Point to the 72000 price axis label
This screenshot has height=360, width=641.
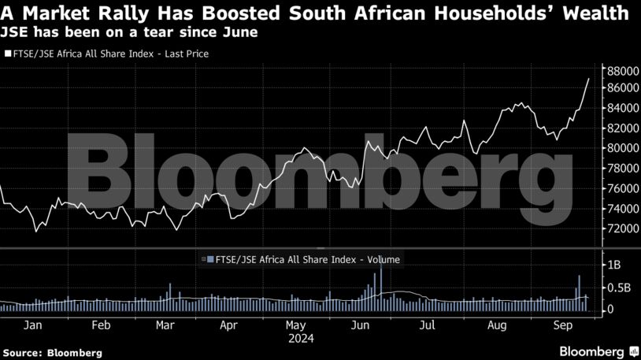(x=619, y=228)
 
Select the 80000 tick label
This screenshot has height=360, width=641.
(x=619, y=148)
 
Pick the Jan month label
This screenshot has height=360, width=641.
(x=33, y=325)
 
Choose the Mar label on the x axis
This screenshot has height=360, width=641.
(x=165, y=325)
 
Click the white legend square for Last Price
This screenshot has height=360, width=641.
(x=7, y=54)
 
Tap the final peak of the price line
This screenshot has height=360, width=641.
(x=589, y=79)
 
